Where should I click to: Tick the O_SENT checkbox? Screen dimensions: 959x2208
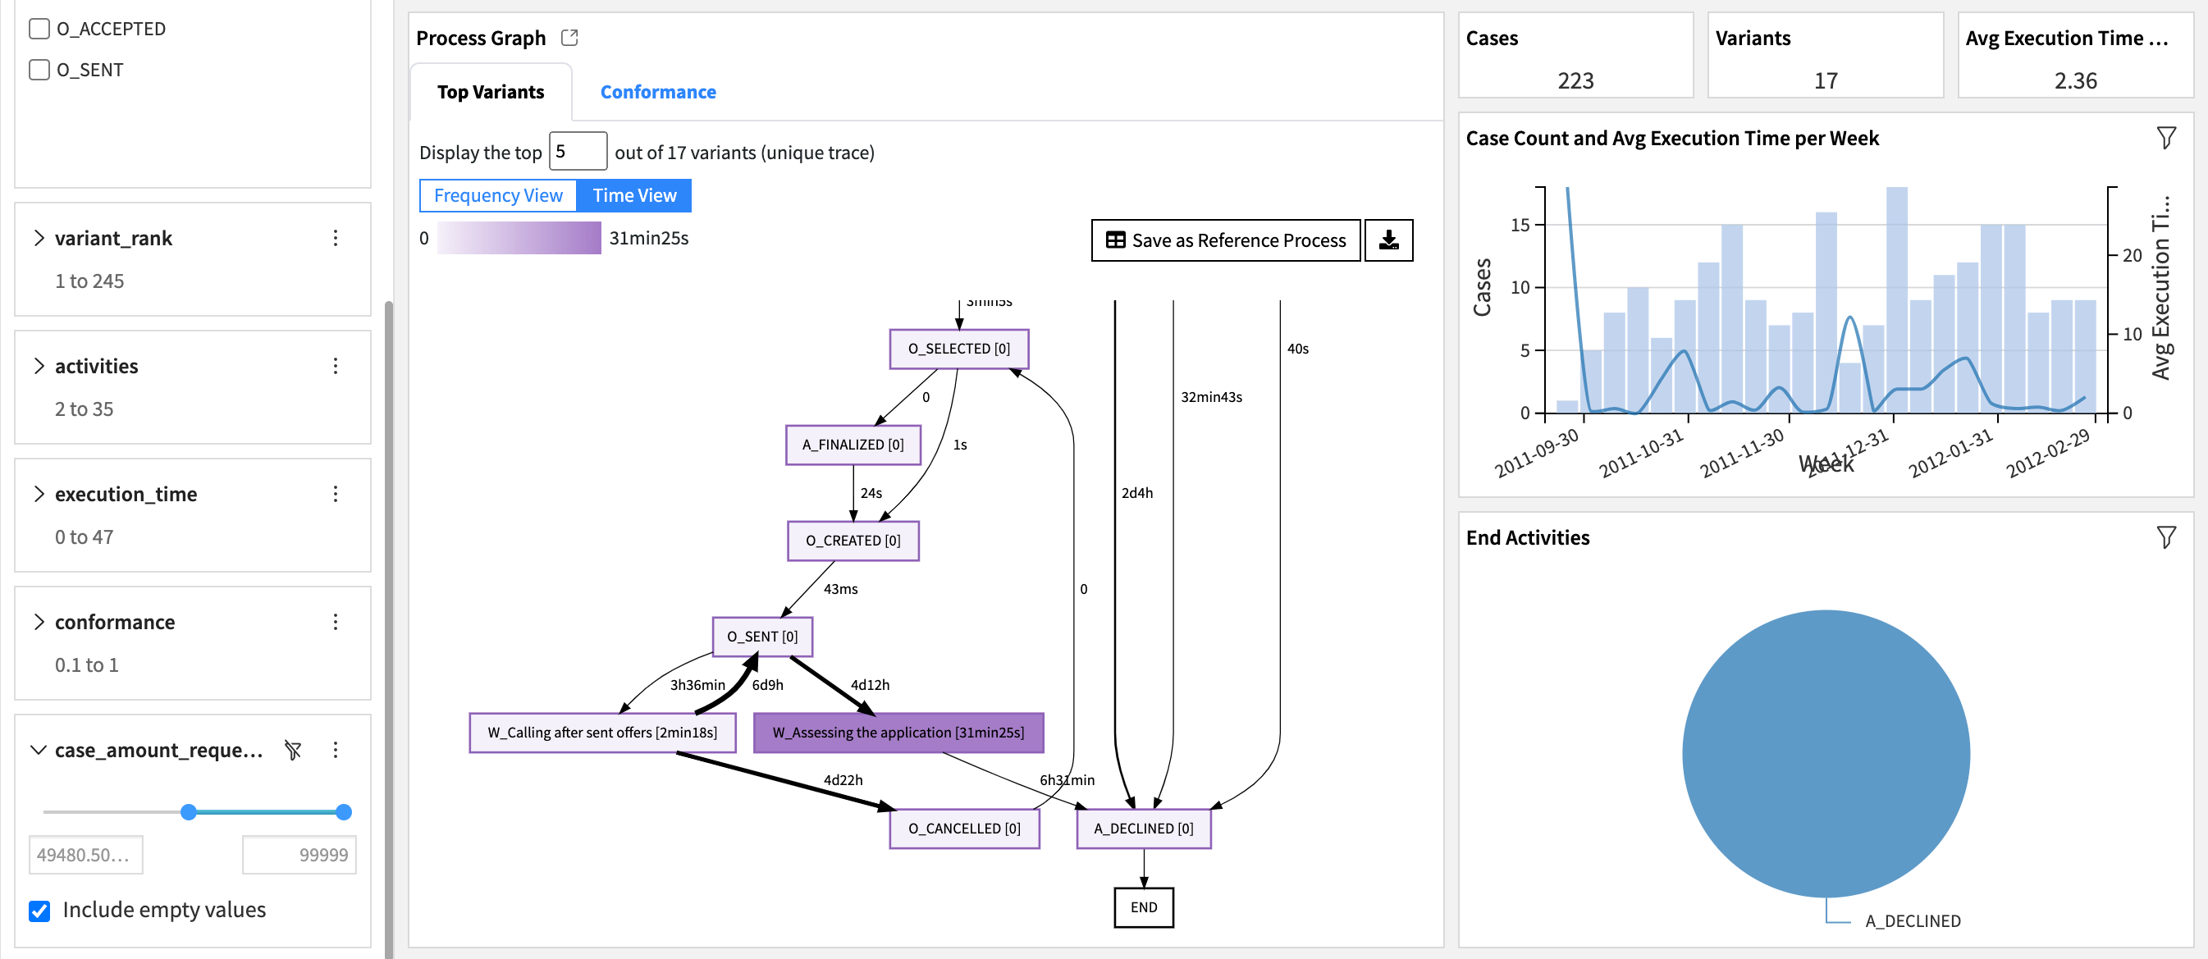click(39, 70)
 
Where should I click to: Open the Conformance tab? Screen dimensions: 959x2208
click(657, 92)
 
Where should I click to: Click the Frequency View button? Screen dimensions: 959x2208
click(498, 195)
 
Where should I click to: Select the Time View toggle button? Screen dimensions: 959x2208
click(634, 195)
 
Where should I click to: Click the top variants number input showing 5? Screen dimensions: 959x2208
click(577, 152)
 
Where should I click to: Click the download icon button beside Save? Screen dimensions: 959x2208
click(1387, 240)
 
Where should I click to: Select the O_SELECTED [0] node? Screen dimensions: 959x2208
click(958, 349)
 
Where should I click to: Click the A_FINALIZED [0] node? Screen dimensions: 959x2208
click(853, 445)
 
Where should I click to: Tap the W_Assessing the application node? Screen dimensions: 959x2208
click(898, 733)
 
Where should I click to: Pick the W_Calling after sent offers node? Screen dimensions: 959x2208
click(601, 733)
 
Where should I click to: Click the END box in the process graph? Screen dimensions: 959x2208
click(1144, 906)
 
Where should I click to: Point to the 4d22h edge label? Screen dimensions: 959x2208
click(843, 780)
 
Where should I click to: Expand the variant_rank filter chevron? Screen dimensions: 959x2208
click(39, 237)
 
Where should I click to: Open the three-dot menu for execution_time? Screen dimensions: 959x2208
click(335, 494)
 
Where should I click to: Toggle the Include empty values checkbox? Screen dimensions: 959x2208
click(39, 910)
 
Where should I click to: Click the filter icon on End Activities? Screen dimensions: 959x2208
click(2165, 537)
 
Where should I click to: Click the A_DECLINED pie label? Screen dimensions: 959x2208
click(1913, 921)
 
